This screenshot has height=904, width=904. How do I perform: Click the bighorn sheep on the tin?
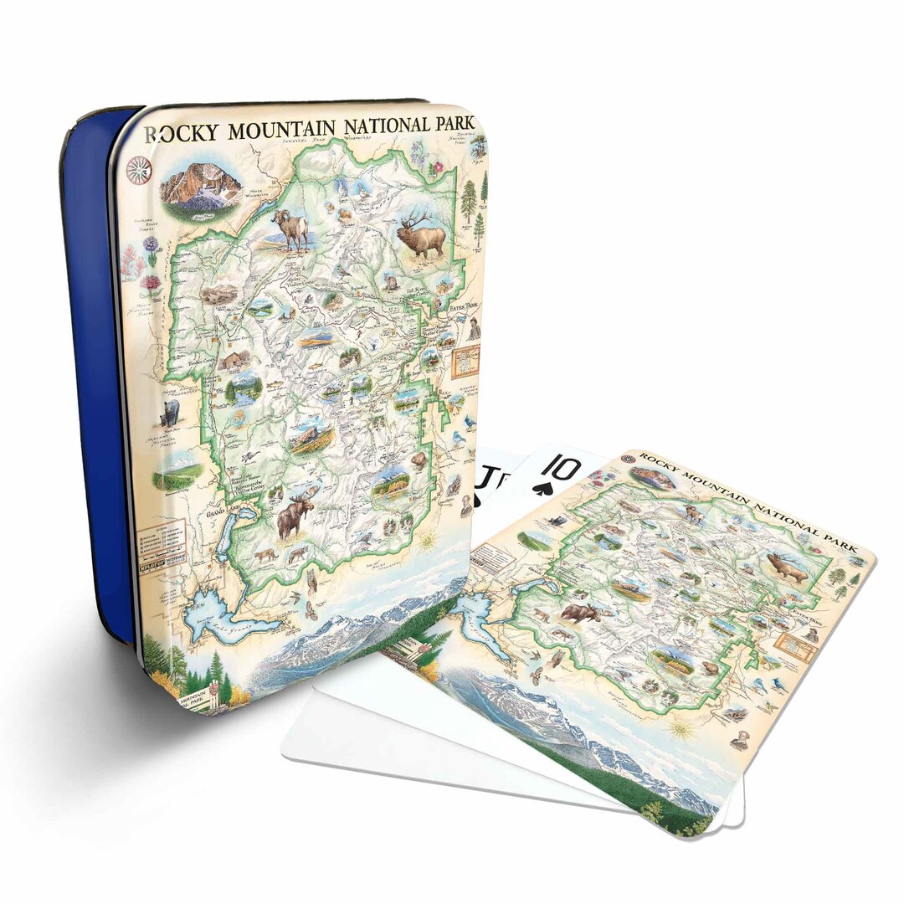click(x=292, y=229)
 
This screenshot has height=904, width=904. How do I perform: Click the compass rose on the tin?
click(x=139, y=169)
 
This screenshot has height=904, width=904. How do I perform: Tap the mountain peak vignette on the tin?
click(x=201, y=186)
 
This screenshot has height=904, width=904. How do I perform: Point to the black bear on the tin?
click(x=171, y=413)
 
